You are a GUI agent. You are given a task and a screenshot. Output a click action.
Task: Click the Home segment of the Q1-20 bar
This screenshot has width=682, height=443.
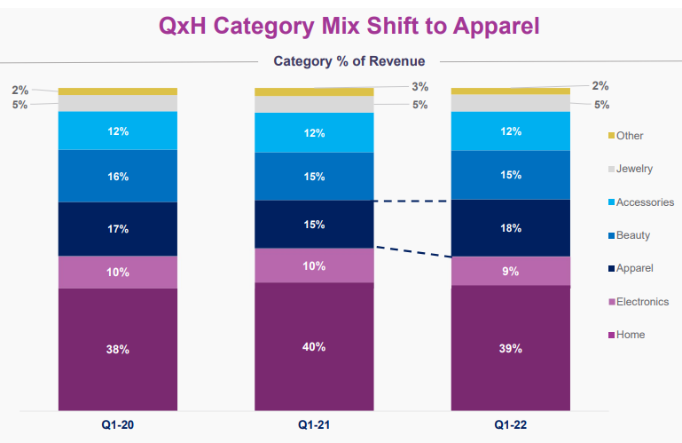tap(118, 349)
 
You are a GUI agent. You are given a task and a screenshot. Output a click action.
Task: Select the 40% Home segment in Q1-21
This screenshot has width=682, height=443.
tap(314, 345)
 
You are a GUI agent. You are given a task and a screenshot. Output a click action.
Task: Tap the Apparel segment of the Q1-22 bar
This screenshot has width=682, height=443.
tap(511, 228)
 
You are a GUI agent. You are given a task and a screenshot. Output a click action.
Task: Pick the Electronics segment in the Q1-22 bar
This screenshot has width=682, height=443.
tap(511, 271)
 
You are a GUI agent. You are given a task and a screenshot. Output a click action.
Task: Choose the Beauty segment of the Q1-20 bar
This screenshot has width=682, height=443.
tap(118, 176)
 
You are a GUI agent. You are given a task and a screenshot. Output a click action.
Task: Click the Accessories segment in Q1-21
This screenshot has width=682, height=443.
tap(314, 133)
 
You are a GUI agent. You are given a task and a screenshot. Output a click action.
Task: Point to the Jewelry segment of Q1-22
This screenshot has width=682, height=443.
tap(511, 103)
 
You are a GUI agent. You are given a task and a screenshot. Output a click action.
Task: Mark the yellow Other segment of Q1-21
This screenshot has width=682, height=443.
tap(314, 91)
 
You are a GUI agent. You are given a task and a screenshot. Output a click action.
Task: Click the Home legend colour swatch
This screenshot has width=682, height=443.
tap(610, 335)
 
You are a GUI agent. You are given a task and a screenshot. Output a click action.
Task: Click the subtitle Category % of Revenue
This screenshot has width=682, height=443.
tap(349, 61)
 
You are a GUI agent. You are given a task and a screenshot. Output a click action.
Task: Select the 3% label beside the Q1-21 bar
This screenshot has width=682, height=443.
tap(420, 86)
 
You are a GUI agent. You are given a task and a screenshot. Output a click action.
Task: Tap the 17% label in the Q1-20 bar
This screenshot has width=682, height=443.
tap(118, 228)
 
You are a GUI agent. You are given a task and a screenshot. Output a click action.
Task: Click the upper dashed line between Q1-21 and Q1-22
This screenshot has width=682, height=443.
tap(412, 202)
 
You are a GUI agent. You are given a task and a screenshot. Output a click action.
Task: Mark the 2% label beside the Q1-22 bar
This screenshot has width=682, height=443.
tap(600, 86)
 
